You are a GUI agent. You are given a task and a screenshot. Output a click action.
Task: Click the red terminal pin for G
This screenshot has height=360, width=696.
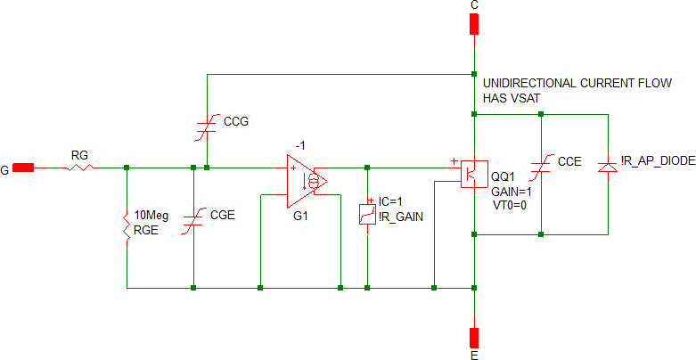24,167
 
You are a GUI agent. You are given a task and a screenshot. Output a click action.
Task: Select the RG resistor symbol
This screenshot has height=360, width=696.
79,167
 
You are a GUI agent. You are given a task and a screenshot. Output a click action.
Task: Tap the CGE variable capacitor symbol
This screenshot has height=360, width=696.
194,223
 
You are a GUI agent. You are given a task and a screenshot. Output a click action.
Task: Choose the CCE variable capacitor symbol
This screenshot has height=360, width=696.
542,169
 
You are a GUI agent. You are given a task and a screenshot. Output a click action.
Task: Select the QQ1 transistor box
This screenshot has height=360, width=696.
472,172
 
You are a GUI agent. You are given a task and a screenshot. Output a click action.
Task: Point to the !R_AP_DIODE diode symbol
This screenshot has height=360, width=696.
608,167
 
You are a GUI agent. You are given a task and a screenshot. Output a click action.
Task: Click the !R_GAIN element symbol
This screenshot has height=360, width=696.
367,214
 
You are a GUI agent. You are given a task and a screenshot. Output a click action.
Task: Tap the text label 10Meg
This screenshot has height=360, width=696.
151,216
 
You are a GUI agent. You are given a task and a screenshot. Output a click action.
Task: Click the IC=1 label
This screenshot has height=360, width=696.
391,201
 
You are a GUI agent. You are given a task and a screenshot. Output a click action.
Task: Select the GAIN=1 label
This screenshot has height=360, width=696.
511,192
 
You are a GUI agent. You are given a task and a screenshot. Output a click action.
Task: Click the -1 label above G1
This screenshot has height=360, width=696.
301,146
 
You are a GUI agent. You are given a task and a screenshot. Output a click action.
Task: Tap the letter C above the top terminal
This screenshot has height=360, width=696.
474,5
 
